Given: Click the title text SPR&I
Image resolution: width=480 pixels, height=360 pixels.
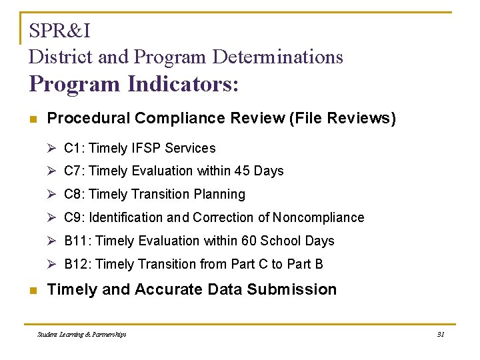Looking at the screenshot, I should tap(59, 31).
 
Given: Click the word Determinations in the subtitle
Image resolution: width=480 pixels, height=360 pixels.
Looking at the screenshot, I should tap(277, 57).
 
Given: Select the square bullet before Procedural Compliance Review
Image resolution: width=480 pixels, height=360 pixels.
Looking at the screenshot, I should tap(33, 119).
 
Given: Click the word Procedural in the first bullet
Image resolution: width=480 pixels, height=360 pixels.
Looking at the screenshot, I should tap(88, 119).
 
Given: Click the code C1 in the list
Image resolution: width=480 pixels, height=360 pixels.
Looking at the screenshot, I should tap(73, 148).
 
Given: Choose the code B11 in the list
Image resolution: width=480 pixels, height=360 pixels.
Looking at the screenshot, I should tap(77, 241).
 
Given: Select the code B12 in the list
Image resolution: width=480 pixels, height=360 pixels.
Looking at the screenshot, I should tap(77, 265).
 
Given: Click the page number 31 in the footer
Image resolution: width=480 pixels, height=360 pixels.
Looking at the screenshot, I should tap(440, 334).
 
